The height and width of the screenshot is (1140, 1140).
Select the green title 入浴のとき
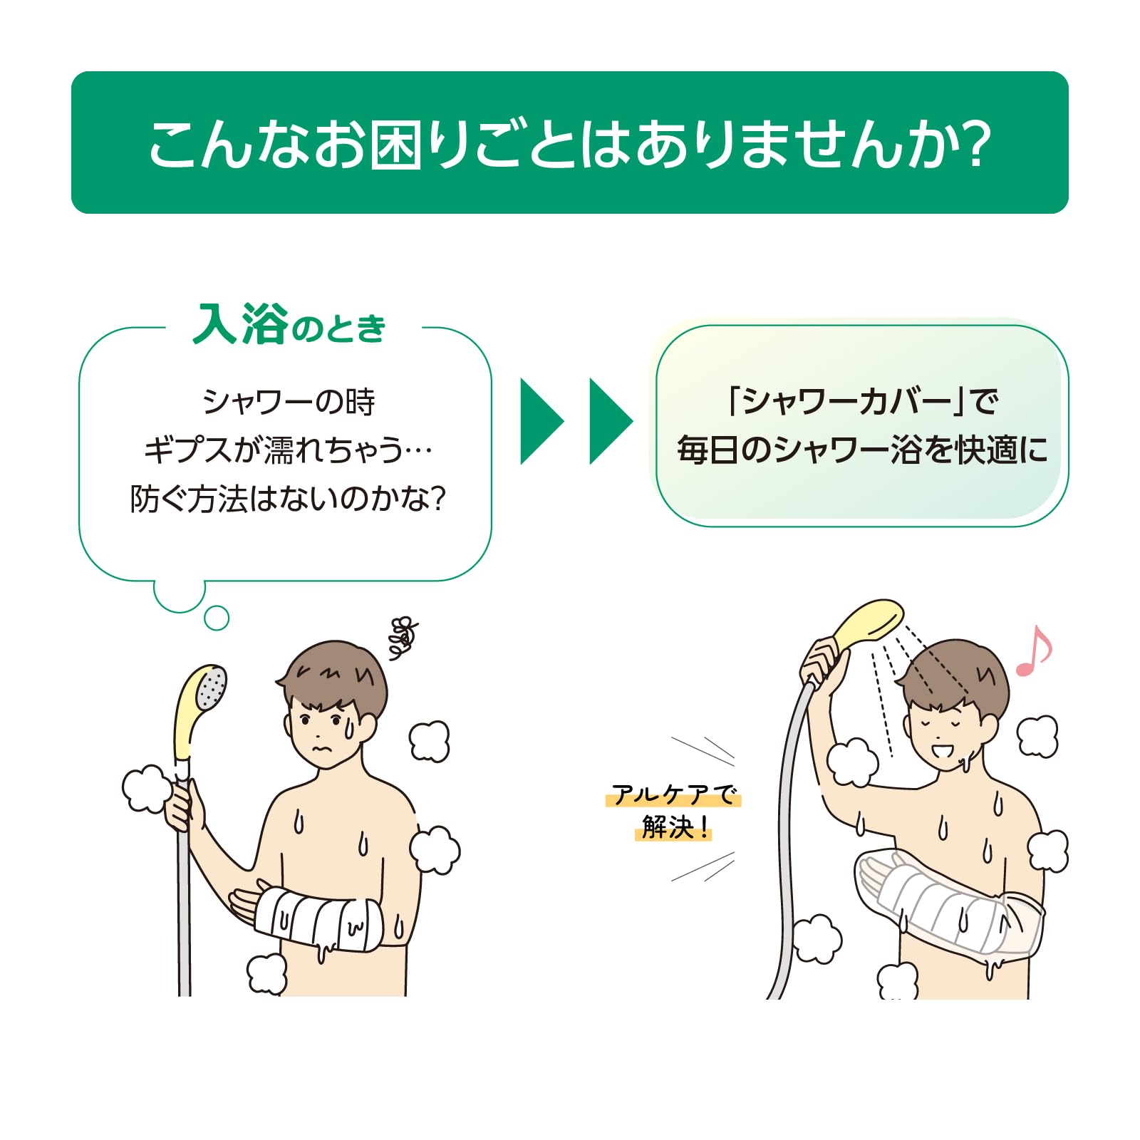[289, 325]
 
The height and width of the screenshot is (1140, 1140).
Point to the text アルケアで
[673, 794]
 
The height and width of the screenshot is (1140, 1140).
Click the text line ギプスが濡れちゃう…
[289, 450]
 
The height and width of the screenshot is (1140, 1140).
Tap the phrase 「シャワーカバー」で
[862, 401]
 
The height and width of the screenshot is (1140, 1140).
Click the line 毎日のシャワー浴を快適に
[862, 450]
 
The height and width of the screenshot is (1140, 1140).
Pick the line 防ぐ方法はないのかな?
[288, 499]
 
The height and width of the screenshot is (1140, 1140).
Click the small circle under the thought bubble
[217, 618]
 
